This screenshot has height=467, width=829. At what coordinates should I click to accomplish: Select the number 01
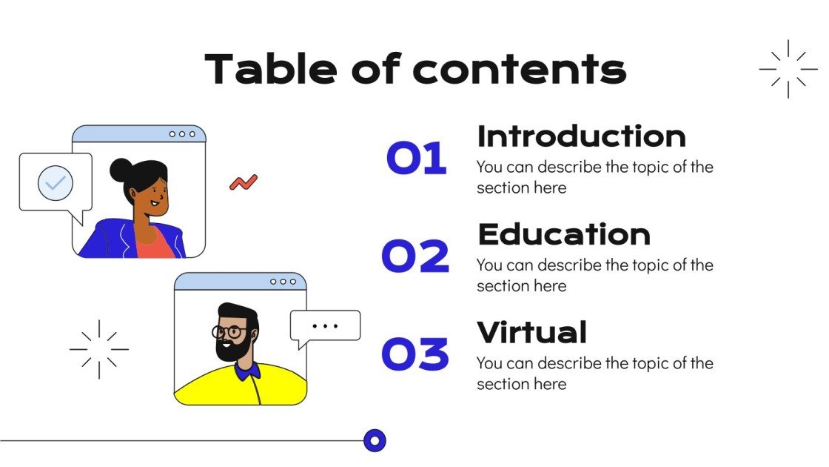pos(417,159)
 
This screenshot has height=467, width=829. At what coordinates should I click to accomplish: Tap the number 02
pos(415,256)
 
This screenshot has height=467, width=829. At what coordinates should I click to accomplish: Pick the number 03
pos(415,354)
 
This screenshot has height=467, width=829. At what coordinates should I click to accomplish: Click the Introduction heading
pos(581,137)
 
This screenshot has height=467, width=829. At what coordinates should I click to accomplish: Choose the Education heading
pos(564,234)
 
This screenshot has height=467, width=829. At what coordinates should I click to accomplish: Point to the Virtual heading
pos(531,333)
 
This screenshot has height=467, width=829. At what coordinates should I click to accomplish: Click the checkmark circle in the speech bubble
pos(56,182)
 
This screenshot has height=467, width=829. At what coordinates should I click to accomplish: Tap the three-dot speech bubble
pos(325,325)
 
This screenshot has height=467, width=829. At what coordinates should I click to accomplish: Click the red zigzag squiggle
pos(244,182)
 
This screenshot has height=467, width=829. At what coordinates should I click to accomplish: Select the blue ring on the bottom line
pos(375,441)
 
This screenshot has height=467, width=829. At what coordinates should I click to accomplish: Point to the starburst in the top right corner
pos(788,69)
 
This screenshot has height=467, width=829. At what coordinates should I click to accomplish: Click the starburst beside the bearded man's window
pos(98,349)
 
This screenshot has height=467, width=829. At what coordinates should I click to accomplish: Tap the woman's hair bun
pos(120,170)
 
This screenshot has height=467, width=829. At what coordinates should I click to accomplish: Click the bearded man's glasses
pos(230,332)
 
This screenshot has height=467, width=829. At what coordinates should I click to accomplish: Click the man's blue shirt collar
pos(248,369)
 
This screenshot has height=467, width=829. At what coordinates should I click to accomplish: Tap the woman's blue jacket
pos(104,241)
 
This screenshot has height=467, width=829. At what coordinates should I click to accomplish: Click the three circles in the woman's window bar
pos(183,134)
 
